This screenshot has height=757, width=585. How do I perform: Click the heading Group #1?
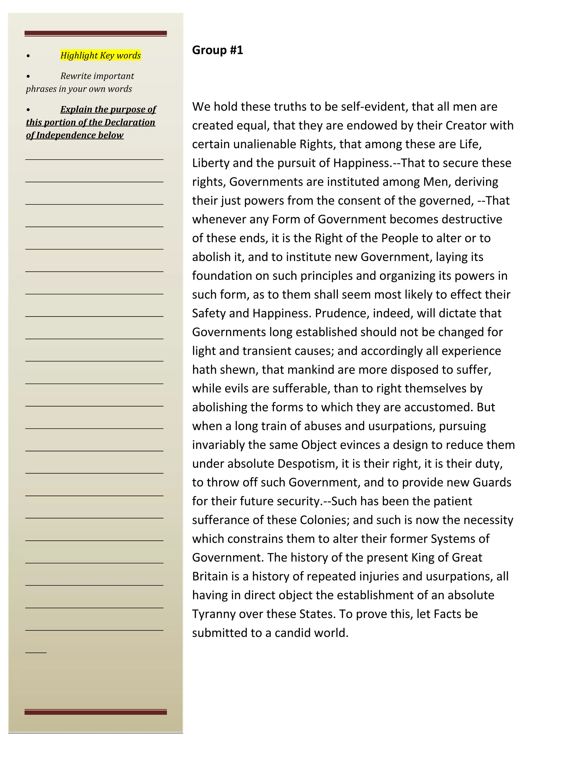[x=217, y=50]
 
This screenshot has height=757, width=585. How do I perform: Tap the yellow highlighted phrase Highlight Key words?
[x=101, y=55]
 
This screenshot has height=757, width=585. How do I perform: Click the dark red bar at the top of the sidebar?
[x=96, y=33]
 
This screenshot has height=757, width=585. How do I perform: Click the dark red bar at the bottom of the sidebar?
[x=96, y=712]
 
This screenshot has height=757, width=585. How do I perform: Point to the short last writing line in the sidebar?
[x=36, y=652]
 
